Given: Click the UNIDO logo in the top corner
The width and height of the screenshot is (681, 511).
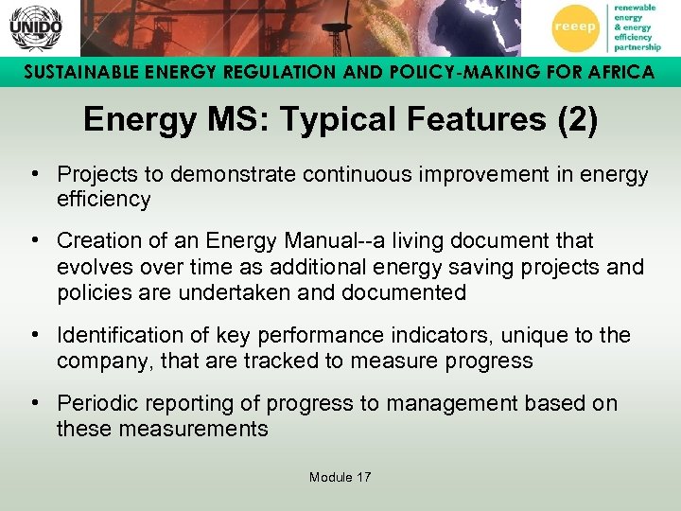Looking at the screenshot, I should click(35, 28).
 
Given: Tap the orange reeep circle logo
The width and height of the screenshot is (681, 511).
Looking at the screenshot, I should click(574, 27).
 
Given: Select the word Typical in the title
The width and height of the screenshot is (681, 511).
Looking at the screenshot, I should click(340, 121).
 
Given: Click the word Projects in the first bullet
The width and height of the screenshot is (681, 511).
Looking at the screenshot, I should click(96, 175).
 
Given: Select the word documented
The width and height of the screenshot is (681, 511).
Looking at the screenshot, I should click(409, 292).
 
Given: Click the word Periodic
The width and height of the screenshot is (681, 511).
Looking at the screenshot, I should click(95, 404).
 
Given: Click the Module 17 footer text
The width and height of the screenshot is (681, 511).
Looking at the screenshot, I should click(340, 477).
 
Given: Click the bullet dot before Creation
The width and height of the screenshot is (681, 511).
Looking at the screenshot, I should click(34, 241).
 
